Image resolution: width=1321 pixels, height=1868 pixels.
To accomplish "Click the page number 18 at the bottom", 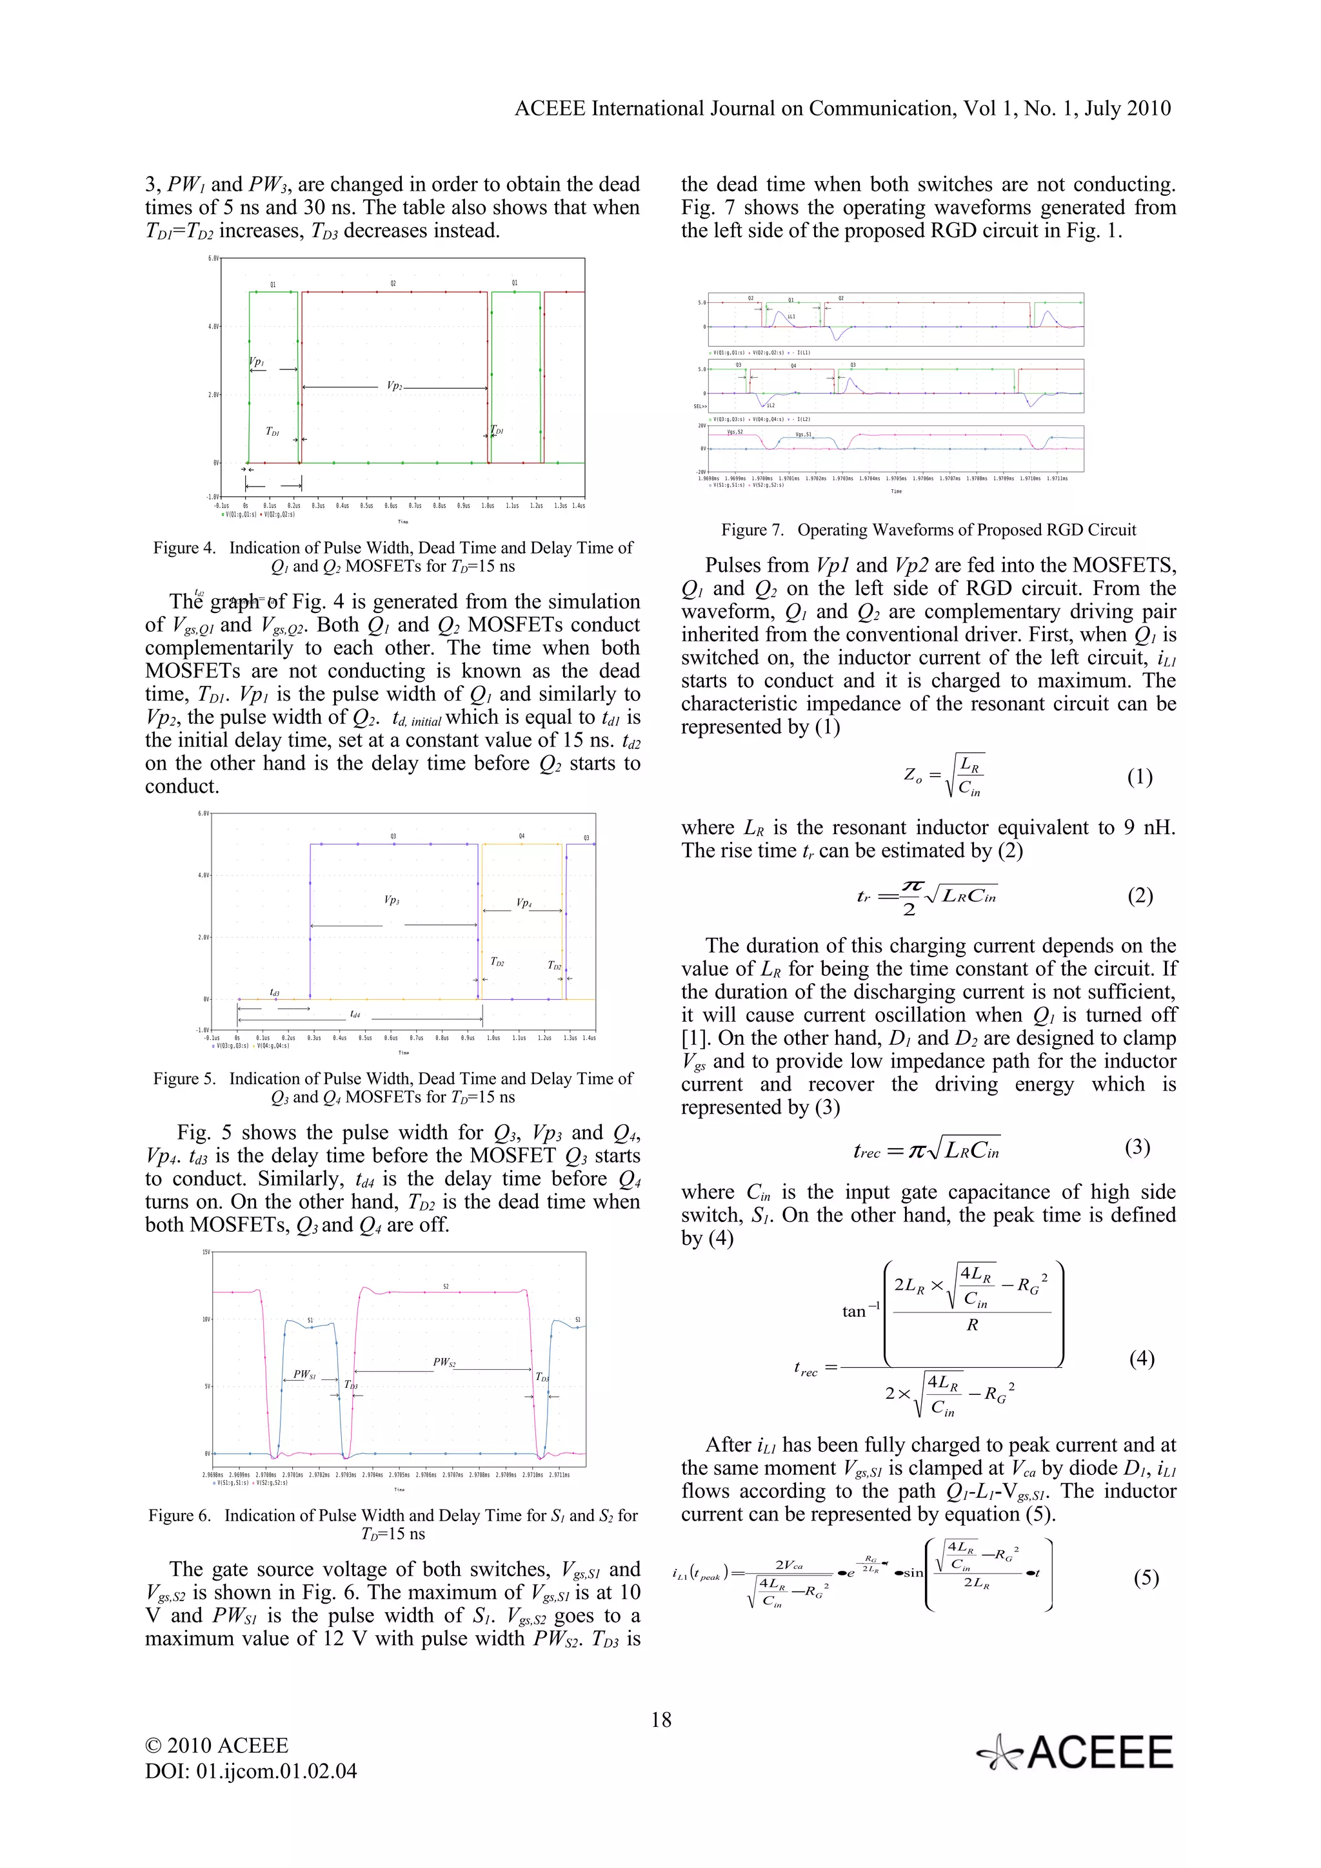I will [661, 1719].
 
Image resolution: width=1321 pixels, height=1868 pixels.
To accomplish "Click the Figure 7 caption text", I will [928, 530].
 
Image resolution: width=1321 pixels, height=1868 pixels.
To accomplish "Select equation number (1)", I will [1140, 777].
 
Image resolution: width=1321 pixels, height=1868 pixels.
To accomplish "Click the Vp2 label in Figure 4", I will [394, 385].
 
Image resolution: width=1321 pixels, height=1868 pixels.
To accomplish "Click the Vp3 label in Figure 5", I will [392, 900].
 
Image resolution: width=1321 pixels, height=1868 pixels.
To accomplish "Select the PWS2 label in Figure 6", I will [444, 1362].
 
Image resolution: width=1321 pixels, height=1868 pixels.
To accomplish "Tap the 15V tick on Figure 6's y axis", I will [206, 1252].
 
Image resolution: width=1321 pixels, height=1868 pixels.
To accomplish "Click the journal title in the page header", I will [842, 108].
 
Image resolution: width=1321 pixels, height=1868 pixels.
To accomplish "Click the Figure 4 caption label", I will [184, 547].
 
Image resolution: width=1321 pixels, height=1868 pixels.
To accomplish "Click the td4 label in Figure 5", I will [355, 1015].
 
